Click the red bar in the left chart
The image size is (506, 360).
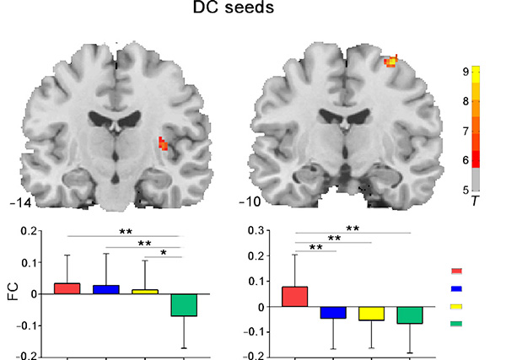66,288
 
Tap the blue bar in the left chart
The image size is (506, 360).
105,289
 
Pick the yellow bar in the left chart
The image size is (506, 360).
144,291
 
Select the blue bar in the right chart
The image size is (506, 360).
333,312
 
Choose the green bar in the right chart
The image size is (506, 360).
410,314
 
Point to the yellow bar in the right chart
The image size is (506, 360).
371,313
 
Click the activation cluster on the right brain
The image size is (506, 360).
390,61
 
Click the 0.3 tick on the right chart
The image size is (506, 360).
264,230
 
